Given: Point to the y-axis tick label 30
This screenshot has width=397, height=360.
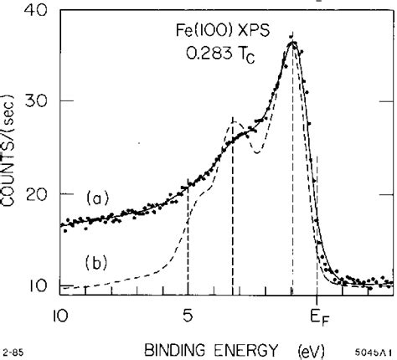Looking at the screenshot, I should pos(37,103).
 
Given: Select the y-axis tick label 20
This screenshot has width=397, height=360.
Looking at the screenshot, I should pos(37,194).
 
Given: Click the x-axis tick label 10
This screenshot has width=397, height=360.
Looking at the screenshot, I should pos(59,316).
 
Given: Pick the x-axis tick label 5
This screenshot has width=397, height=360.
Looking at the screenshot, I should pos(188,316).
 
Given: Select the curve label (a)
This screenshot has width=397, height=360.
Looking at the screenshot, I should pos(100,198).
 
